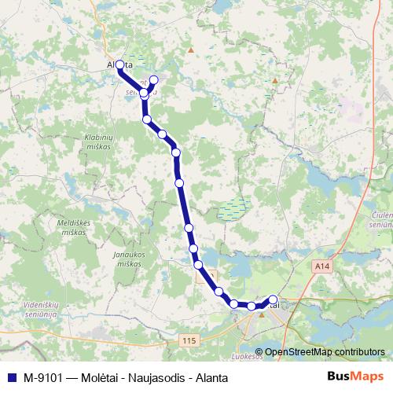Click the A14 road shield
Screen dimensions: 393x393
(x=321, y=267)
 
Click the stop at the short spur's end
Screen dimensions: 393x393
(x=153, y=79)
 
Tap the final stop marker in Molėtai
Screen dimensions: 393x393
(x=273, y=299)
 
